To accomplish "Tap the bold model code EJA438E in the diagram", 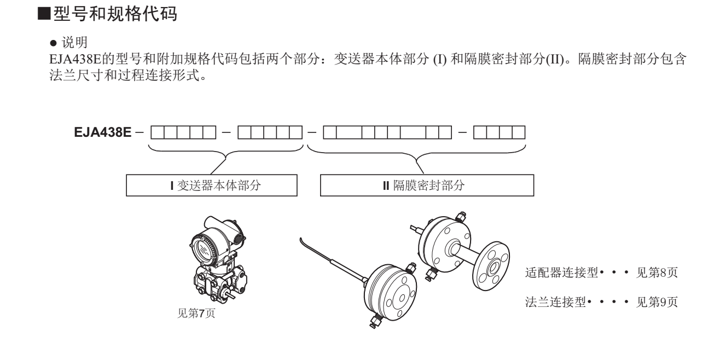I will (102, 133).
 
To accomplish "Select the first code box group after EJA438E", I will (182, 133).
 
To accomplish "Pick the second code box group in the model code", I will (270, 133).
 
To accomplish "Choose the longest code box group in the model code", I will (387, 133).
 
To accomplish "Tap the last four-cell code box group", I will (499, 133).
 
